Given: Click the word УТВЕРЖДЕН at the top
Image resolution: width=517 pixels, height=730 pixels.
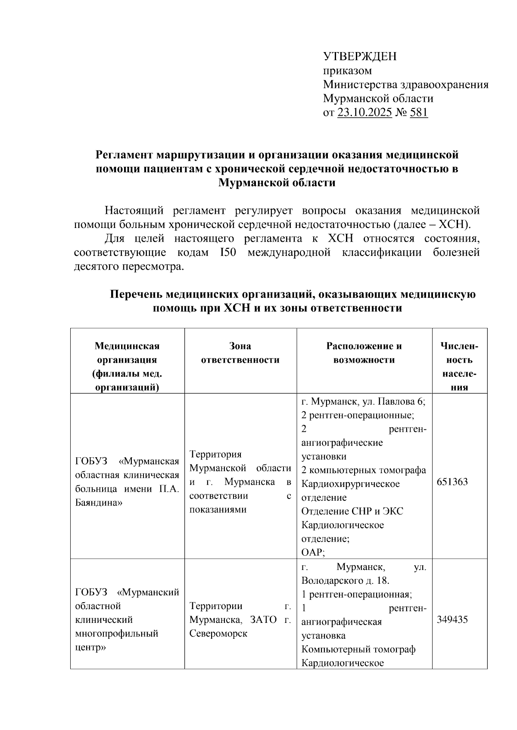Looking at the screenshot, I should pyautogui.click(x=360, y=56).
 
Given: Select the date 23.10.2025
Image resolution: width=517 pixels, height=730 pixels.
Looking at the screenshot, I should pyautogui.click(x=364, y=113).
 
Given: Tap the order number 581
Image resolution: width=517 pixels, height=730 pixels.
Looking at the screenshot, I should pyautogui.click(x=419, y=113).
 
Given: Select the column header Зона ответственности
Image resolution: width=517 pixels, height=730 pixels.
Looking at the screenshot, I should pyautogui.click(x=240, y=353).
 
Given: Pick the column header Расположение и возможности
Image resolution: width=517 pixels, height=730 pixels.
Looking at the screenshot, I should pyautogui.click(x=364, y=353).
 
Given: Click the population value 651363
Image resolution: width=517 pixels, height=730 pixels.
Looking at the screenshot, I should pyautogui.click(x=452, y=482).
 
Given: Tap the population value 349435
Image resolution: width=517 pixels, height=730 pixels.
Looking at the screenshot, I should pyautogui.click(x=452, y=620).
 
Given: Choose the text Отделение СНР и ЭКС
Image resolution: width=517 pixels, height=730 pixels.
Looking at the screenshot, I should pyautogui.click(x=352, y=511).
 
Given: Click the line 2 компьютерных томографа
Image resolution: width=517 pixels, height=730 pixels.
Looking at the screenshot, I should pyautogui.click(x=364, y=470).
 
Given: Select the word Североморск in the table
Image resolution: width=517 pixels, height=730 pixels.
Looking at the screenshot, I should pyautogui.click(x=218, y=634).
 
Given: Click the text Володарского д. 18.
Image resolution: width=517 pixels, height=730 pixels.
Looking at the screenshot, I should pyautogui.click(x=345, y=581).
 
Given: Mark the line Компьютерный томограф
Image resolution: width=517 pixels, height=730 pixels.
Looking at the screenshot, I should pyautogui.click(x=358, y=649).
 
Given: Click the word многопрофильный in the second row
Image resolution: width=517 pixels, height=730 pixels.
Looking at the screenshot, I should pyautogui.click(x=116, y=634).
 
